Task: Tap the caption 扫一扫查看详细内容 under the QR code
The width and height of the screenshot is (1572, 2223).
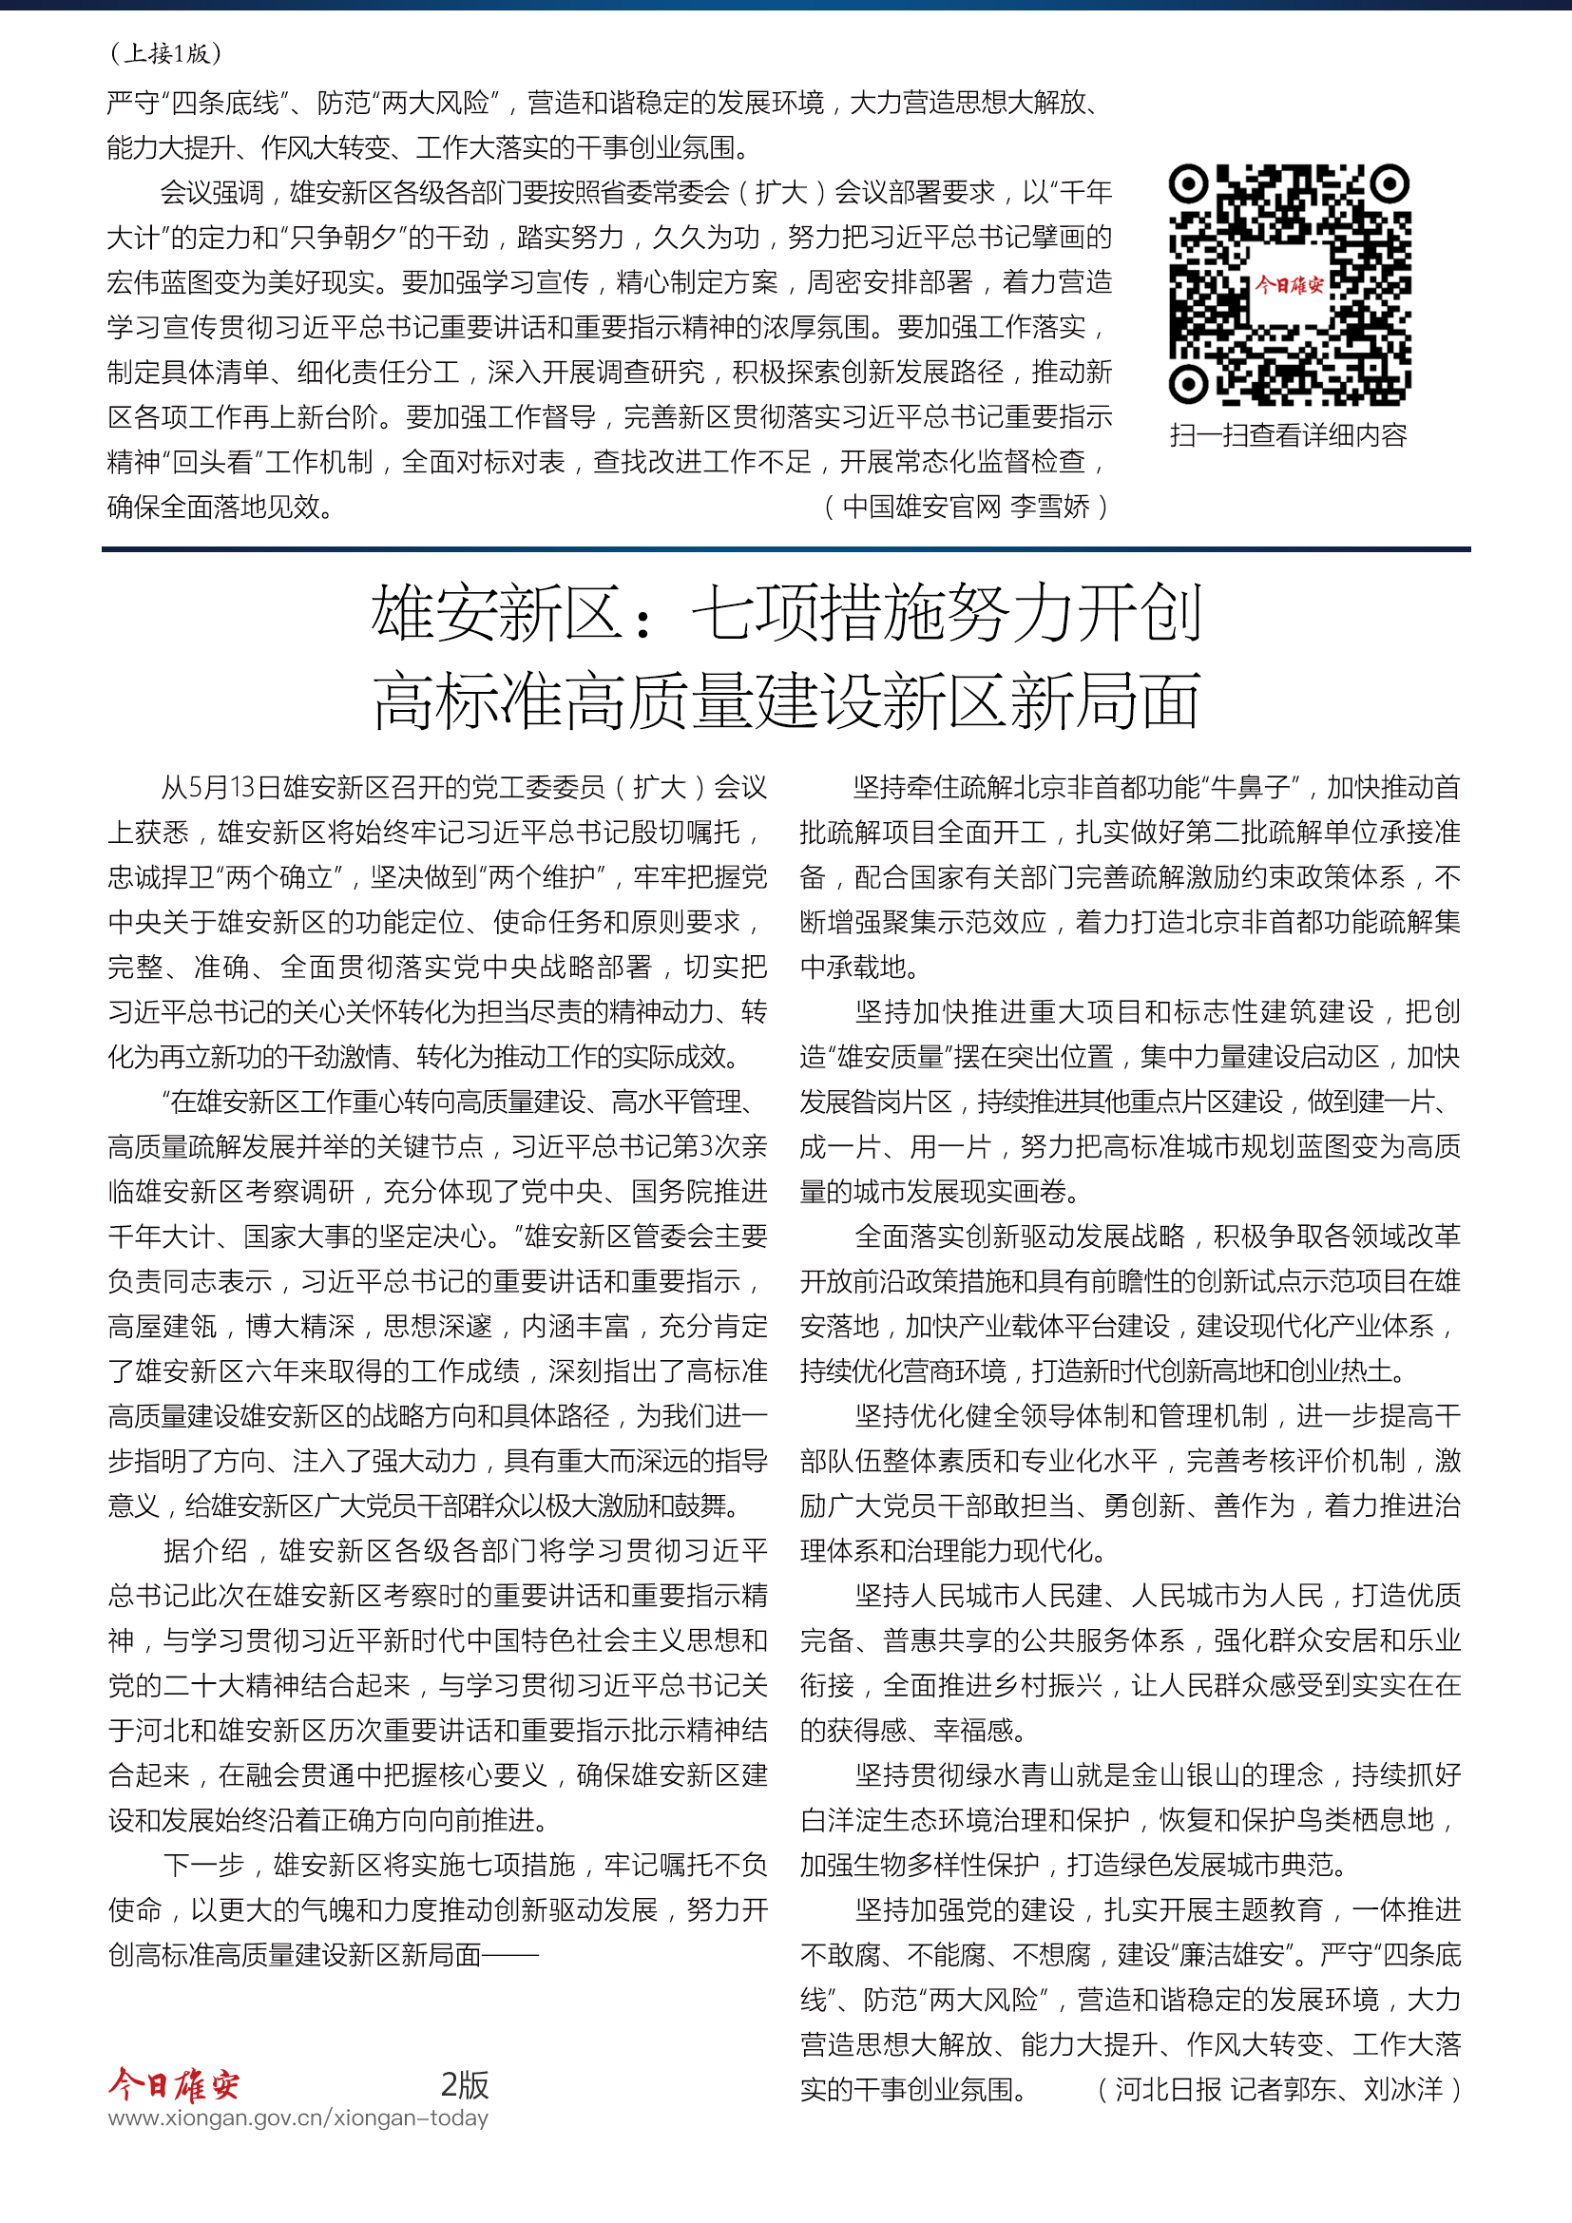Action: pyautogui.click(x=1289, y=435)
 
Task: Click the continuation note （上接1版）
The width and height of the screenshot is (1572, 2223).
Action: pyautogui.click(x=165, y=53)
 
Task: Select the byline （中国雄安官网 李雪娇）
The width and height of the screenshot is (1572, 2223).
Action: pyautogui.click(x=965, y=507)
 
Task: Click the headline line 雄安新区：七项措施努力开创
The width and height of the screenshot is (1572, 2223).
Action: pyautogui.click(x=786, y=613)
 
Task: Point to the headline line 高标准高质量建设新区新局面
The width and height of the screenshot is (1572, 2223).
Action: pyautogui.click(x=786, y=700)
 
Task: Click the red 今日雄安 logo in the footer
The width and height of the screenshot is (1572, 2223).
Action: pyautogui.click(x=173, y=2083)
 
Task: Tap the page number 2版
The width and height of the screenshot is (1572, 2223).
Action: pyautogui.click(x=465, y=2083)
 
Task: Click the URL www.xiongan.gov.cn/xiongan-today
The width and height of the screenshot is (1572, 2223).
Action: pyautogui.click(x=298, y=2118)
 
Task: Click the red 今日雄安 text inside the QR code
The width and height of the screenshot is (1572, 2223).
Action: pyautogui.click(x=1289, y=285)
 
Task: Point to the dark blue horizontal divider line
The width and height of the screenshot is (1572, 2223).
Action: pyautogui.click(x=786, y=549)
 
